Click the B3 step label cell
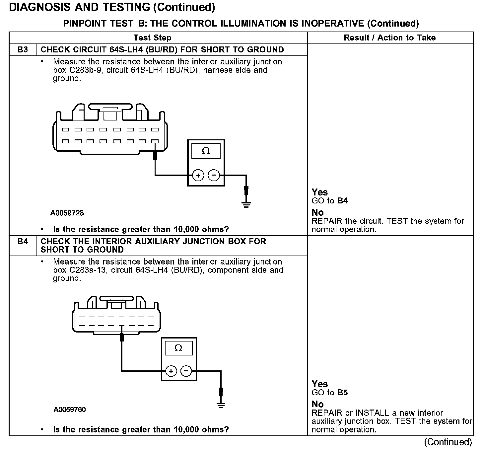[x=23, y=50]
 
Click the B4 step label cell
[x=23, y=242]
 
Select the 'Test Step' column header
[x=153, y=38]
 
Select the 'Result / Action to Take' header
[x=390, y=38]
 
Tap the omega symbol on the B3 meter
[x=206, y=151]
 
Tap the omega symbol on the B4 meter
[x=178, y=348]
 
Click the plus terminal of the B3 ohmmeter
[x=198, y=175]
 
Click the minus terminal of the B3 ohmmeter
[x=214, y=175]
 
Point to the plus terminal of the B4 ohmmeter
[x=171, y=371]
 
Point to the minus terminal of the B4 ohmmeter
[x=186, y=371]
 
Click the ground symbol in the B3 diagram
[x=246, y=204]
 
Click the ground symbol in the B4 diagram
[x=221, y=405]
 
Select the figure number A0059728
[x=67, y=213]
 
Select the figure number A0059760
[x=70, y=410]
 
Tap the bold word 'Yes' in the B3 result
[x=320, y=192]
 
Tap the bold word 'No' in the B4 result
[x=317, y=404]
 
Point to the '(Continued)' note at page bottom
[x=448, y=442]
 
